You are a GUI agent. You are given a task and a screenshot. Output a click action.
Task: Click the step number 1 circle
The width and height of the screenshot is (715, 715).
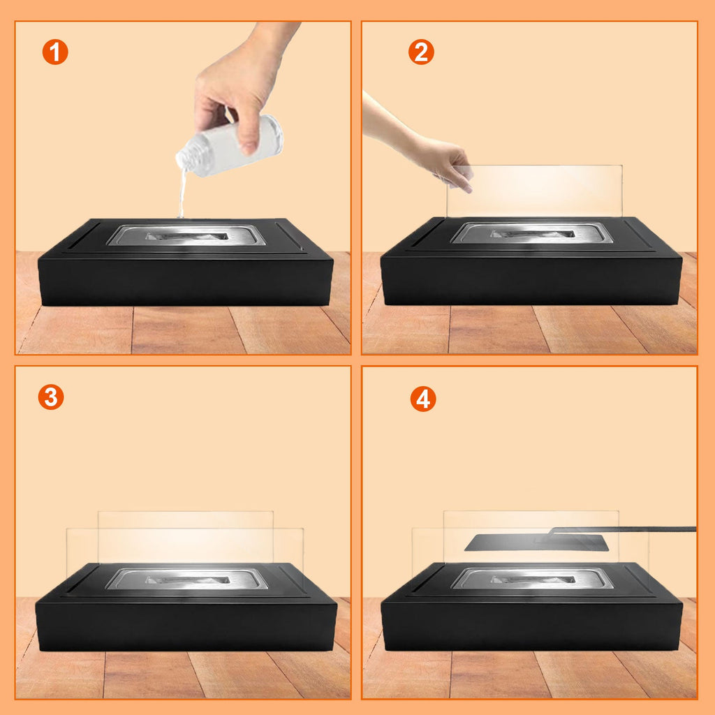pyautogui.click(x=55, y=52)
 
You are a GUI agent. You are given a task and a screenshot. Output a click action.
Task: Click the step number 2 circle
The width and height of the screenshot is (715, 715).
pyautogui.click(x=421, y=52)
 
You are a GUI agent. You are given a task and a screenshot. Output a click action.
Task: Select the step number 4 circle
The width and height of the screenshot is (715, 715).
pyautogui.click(x=423, y=399)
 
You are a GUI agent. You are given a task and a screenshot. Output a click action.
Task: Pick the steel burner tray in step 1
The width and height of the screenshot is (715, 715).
pyautogui.click(x=186, y=235)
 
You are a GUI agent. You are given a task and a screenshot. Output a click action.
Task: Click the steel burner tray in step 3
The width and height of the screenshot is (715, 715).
pyautogui.click(x=187, y=579)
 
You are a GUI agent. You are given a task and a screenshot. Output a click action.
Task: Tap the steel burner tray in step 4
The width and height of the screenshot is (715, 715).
pyautogui.click(x=532, y=579)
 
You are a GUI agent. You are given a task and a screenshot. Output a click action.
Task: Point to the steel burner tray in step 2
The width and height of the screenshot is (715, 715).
pyautogui.click(x=532, y=233)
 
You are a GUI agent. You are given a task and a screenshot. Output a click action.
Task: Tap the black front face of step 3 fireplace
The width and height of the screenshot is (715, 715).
pyautogui.click(x=186, y=626)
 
